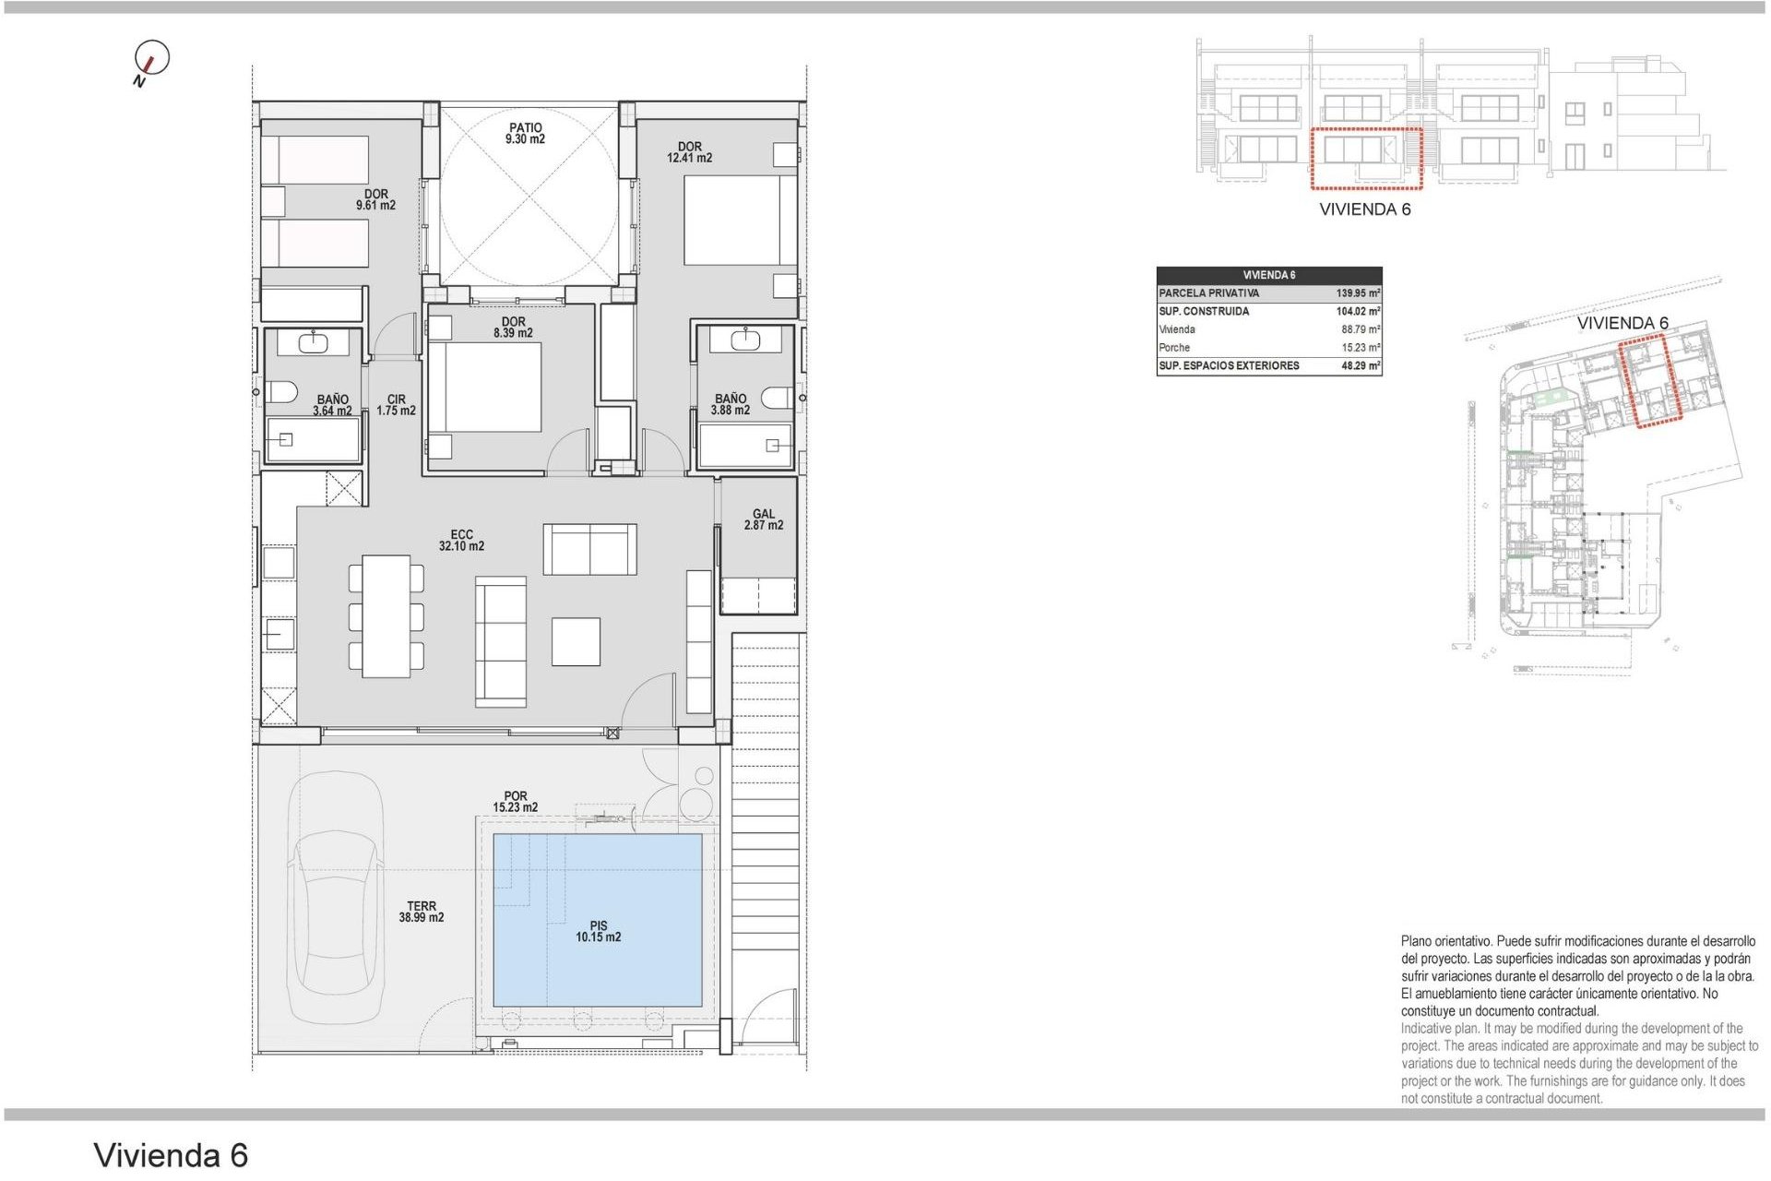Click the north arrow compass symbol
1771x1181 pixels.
coord(151,60)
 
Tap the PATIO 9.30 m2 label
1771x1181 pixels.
coord(525,134)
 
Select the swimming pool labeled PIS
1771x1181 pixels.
coord(598,919)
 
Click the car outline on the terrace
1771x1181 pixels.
coord(334,895)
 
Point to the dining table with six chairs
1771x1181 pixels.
coord(386,616)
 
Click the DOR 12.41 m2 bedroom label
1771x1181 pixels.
coord(689,152)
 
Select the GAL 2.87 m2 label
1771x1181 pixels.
coord(763,519)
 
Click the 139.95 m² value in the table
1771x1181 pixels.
coord(1357,293)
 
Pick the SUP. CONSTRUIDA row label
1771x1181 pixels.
coord(1204,312)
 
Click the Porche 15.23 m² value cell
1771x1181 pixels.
coord(1360,348)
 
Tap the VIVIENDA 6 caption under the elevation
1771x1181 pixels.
coord(1364,209)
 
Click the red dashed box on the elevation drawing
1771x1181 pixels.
coord(1366,159)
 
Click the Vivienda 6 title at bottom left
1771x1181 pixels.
coord(171,1155)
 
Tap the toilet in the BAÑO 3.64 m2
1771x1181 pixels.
coord(281,392)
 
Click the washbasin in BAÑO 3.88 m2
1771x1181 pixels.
coord(744,340)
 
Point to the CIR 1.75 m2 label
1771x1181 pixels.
coord(396,405)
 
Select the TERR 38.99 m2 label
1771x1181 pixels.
coord(421,912)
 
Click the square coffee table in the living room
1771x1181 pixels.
coord(576,641)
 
